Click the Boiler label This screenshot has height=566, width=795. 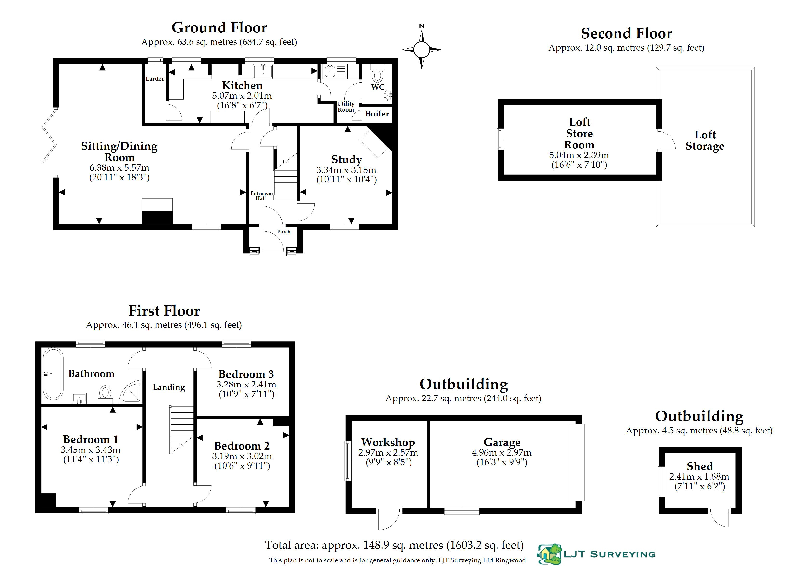[x=377, y=114]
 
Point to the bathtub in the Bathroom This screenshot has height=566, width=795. [x=53, y=373]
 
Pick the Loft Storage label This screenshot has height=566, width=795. [x=705, y=141]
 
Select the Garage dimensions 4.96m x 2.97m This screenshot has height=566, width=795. [x=501, y=453]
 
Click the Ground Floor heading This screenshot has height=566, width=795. [x=219, y=27]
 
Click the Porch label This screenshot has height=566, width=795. [x=284, y=232]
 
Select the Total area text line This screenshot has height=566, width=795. [x=394, y=545]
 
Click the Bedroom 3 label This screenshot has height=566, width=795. [x=246, y=374]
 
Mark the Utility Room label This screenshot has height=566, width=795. [x=345, y=107]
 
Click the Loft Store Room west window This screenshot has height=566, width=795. [x=501, y=139]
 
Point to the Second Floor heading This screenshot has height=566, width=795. [x=626, y=33]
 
